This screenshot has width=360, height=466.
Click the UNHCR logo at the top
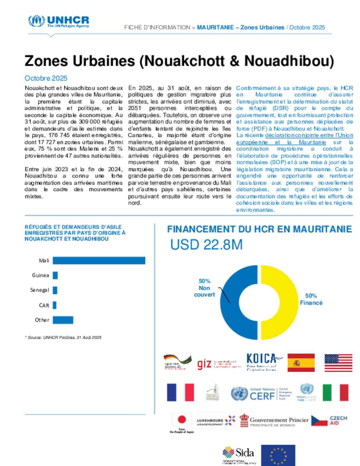[58, 21]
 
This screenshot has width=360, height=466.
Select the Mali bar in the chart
[99, 261]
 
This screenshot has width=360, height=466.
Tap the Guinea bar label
[40, 275]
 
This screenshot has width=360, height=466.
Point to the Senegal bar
[55, 290]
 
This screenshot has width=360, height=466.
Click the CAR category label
[44, 305]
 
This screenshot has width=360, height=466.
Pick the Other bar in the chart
[63, 320]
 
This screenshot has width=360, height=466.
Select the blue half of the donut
[239, 302]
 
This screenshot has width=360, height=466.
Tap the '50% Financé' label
[311, 299]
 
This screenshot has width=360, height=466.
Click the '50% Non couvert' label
[204, 288]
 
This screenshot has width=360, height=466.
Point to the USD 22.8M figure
[206, 245]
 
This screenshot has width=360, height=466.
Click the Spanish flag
[301, 363]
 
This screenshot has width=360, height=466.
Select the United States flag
[338, 363]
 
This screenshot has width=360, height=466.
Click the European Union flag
[278, 455]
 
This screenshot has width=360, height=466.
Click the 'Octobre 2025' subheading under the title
[46, 78]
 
